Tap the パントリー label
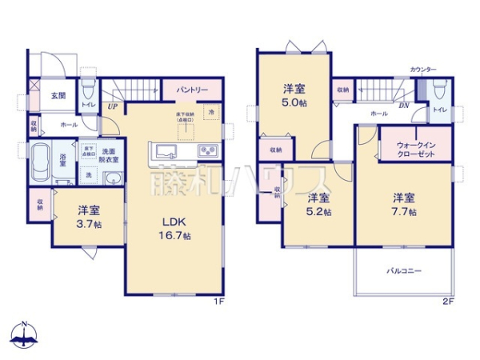[x=193, y=90]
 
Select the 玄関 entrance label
[x=59, y=96]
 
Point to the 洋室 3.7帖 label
[x=89, y=216]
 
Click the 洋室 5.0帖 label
[x=294, y=97]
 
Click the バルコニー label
[x=405, y=271]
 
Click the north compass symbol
[x=25, y=336]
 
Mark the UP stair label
[x=112, y=105]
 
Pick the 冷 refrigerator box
[x=211, y=114]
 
